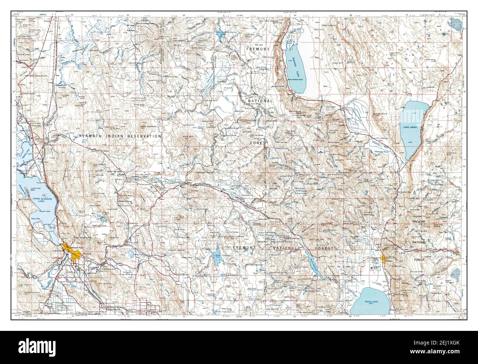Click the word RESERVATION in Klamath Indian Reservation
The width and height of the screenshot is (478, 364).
[x=143, y=136]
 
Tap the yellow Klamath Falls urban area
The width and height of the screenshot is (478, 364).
[x=71, y=251]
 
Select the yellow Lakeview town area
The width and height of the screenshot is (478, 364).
[x=384, y=258]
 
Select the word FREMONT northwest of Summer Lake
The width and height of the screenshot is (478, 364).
[x=258, y=49]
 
